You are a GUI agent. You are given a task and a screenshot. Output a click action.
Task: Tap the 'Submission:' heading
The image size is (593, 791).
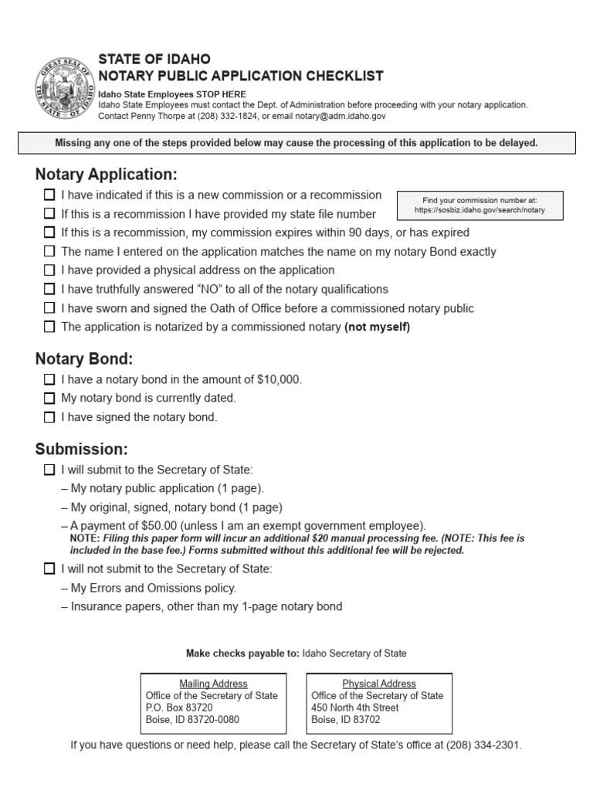tap(81, 450)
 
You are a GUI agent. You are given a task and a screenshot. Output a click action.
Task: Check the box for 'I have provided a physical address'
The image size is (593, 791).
tap(49, 270)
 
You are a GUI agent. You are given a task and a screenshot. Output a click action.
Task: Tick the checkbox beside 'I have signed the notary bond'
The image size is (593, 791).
tap(49, 417)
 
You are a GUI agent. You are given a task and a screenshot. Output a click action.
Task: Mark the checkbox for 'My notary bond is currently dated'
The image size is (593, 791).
tap(49, 399)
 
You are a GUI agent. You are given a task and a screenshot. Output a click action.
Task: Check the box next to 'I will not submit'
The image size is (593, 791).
tap(49, 569)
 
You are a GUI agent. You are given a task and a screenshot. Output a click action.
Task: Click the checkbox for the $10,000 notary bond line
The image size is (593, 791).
tap(49, 379)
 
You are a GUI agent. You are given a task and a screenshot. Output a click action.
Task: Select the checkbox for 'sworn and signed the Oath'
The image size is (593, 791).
tap(49, 308)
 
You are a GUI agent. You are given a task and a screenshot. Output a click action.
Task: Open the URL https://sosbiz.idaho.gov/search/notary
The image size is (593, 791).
tap(479, 210)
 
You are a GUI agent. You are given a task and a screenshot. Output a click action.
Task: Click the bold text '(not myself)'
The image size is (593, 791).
tap(377, 327)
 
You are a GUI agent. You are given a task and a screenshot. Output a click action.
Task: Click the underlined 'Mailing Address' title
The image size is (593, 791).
tap(213, 684)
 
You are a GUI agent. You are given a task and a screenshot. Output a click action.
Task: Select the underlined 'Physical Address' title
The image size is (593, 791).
tap(379, 684)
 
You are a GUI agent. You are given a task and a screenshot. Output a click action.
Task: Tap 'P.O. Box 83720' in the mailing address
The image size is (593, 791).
tap(179, 708)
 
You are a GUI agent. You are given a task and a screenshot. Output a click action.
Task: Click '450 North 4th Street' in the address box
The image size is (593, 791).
tap(355, 708)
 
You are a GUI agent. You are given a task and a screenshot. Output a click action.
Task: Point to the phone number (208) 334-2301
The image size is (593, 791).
tap(485, 745)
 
